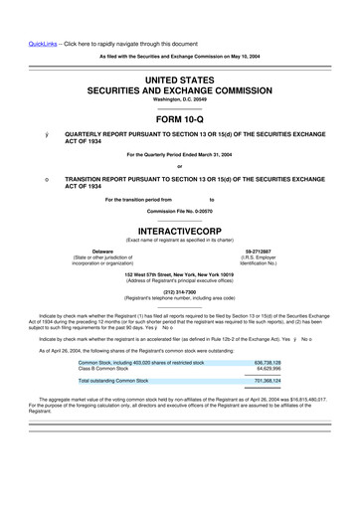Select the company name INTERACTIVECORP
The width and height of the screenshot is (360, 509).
[180, 227]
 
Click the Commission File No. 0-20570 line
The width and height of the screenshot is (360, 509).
[180, 211]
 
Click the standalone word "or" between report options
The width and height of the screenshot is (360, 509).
[180, 166]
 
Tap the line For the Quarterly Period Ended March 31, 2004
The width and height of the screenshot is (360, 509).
[180, 154]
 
